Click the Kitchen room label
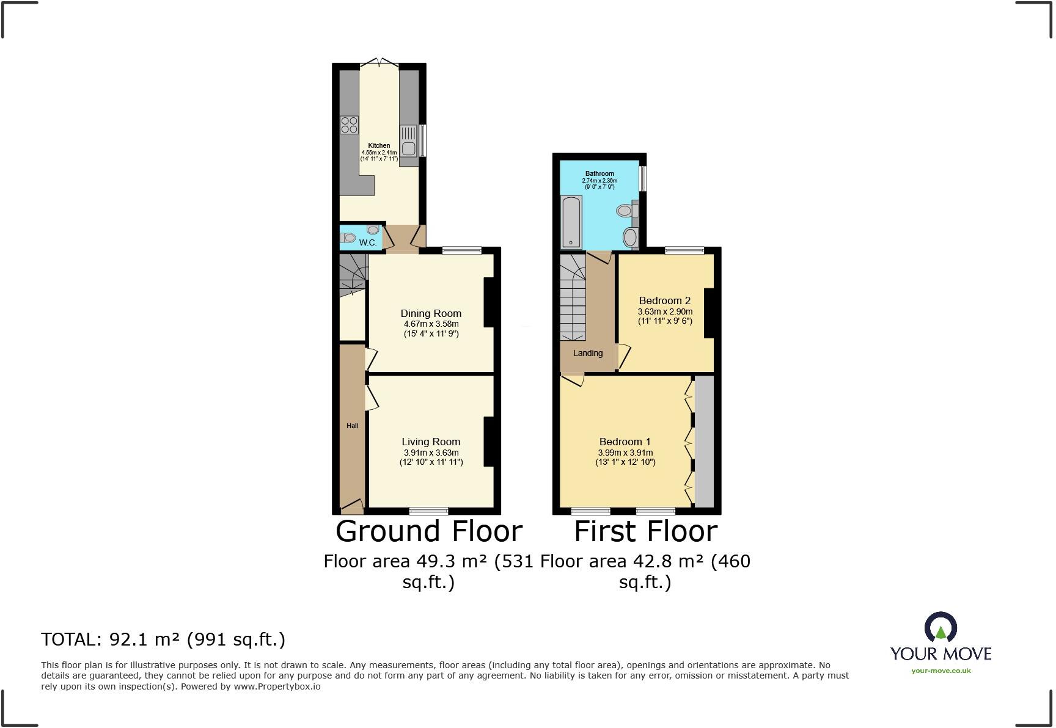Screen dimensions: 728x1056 click(x=379, y=145)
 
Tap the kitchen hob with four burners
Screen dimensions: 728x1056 click(x=350, y=125)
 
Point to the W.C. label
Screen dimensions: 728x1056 click(x=367, y=242)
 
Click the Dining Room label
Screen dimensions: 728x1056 click(x=431, y=313)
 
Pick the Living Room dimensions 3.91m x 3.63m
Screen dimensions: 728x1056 click(x=431, y=453)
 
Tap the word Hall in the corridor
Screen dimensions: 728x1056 click(x=352, y=426)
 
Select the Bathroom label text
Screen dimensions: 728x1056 click(x=599, y=174)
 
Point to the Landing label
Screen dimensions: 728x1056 click(x=588, y=353)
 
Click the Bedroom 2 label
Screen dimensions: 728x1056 click(x=664, y=300)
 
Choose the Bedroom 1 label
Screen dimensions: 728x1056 click(x=625, y=442)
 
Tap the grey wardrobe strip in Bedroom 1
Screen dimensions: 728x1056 click(x=705, y=441)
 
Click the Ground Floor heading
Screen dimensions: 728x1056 click(x=429, y=531)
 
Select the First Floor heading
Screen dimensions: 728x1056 click(x=645, y=531)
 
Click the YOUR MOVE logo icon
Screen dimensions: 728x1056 click(x=941, y=628)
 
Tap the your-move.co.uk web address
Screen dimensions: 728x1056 click(x=941, y=671)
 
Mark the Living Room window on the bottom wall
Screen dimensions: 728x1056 click(x=428, y=511)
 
